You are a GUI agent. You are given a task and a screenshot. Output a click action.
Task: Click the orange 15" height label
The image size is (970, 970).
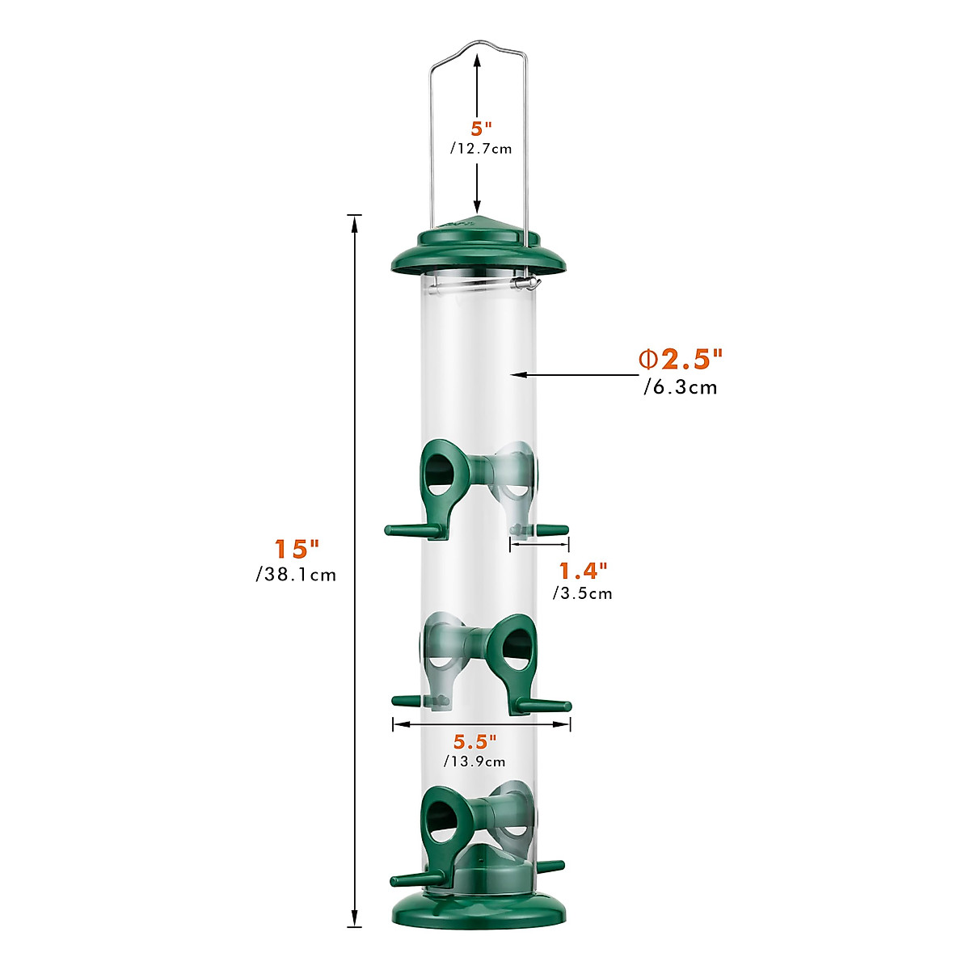click(297, 549)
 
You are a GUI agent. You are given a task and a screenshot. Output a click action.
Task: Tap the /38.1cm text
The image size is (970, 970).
click(296, 576)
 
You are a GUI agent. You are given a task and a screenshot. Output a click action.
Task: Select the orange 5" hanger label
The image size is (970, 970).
click(482, 128)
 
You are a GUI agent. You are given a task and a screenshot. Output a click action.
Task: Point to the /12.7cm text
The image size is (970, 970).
click(481, 149)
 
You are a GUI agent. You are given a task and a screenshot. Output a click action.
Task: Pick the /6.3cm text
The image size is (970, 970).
click(680, 387)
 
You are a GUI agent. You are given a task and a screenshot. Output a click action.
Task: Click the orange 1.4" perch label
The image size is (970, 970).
click(583, 571)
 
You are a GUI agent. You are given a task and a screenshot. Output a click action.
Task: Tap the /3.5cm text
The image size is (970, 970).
click(583, 594)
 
